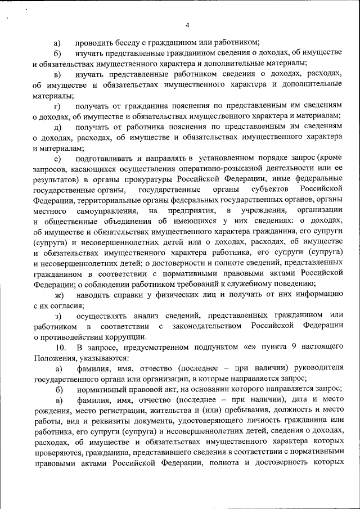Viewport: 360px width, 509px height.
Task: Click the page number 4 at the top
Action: pyautogui.click(x=187, y=25)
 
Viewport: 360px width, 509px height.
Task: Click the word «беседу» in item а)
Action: pyautogui.click(x=127, y=42)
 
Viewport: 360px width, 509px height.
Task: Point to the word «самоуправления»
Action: pyautogui.click(x=107, y=211)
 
